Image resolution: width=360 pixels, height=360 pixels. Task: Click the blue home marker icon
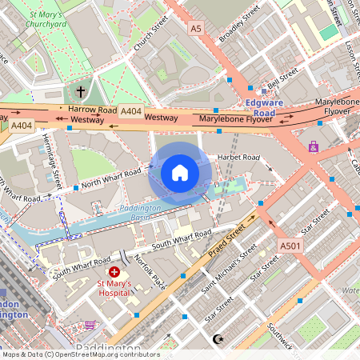tap(180, 172)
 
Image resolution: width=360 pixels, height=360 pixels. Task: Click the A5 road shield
tap(196, 28)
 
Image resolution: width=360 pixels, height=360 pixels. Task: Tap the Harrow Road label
tap(92, 109)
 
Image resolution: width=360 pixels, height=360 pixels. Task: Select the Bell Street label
tap(282, 78)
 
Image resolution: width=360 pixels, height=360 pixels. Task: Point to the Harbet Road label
tap(238, 157)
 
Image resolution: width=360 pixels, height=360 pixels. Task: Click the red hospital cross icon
tap(114, 273)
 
